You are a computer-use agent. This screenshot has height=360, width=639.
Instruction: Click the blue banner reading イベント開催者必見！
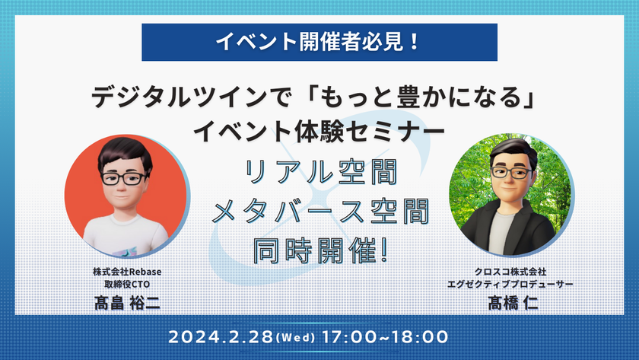coord(319,42)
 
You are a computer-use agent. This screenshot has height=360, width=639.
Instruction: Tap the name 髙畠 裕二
coord(127,303)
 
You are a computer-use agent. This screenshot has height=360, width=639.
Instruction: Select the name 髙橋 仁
coord(513,303)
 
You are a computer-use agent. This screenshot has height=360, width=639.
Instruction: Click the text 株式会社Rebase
coord(127,272)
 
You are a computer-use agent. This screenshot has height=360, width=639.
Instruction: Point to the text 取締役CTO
coord(127,284)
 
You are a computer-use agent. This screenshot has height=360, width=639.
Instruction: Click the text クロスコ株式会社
coord(510,272)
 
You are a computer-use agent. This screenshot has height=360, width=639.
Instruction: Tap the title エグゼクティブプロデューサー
coord(510,284)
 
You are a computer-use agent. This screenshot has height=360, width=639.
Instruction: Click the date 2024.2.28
coord(221,337)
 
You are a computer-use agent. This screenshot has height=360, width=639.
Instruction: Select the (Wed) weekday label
coord(295,338)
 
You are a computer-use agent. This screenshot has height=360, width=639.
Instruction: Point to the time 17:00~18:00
coord(385,337)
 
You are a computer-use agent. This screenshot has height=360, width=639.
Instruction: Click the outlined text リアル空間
coord(321,172)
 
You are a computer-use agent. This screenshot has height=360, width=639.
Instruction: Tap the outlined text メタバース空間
coord(321,211)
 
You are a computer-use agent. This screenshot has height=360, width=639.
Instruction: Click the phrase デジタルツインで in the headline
coord(192,98)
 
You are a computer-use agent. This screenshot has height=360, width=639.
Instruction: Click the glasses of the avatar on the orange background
coord(123,178)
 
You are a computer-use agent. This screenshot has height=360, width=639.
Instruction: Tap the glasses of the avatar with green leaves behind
coord(511,173)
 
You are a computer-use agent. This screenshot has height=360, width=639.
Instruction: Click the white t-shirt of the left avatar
coord(126,237)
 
